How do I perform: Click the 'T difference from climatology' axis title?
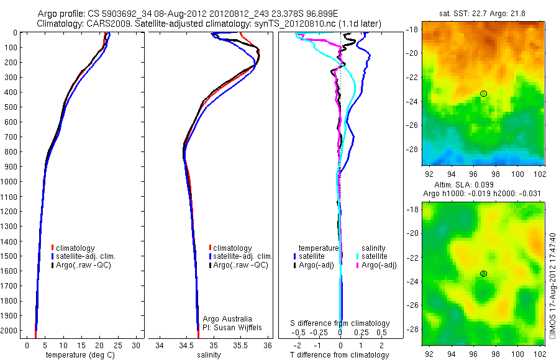[340, 355]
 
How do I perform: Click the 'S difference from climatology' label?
[340, 323]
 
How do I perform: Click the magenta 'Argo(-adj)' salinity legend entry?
[379, 265]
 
